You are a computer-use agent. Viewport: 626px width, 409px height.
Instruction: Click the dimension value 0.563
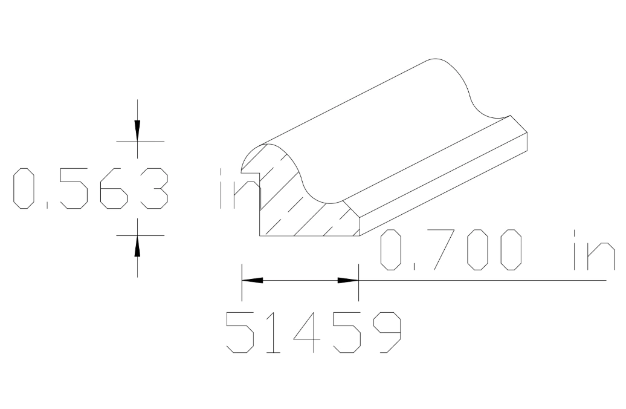(x=91, y=189)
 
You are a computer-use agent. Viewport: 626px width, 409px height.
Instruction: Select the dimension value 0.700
(x=450, y=249)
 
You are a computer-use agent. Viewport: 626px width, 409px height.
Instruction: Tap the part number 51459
(x=313, y=332)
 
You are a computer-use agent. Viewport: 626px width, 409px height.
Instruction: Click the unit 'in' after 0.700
(x=589, y=249)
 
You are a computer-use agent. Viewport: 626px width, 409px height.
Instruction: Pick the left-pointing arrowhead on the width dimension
(x=253, y=281)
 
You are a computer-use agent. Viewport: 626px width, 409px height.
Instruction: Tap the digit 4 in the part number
(x=312, y=332)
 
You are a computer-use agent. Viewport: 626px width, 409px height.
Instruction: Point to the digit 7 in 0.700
(x=439, y=249)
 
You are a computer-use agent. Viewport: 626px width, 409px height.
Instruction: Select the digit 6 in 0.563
(x=114, y=189)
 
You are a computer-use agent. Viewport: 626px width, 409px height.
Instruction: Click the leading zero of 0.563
(x=25, y=189)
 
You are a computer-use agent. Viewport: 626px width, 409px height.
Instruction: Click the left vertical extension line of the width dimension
(x=242, y=281)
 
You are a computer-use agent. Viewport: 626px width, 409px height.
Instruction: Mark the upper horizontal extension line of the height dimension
(x=140, y=141)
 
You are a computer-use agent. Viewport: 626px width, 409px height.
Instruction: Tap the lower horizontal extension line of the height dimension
(x=140, y=235)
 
